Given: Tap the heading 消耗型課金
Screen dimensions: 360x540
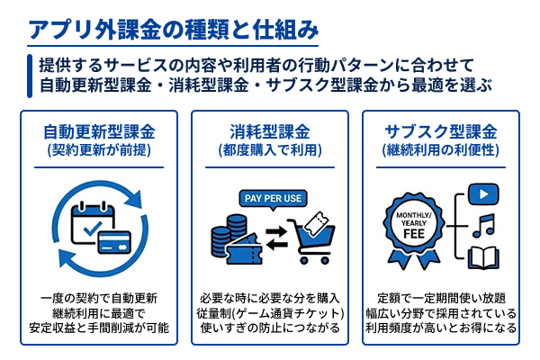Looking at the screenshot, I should pos(269,131).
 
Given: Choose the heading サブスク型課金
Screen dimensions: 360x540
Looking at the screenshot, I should pos(440,131).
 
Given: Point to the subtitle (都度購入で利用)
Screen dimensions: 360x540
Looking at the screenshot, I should pos(269,150).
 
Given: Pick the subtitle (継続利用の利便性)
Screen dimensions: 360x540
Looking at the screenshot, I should pos(440,150).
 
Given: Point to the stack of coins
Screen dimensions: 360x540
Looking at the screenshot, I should pos(220,238).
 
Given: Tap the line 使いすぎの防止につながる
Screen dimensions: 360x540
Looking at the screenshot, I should pos(269,328).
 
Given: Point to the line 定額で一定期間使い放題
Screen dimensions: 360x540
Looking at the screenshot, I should pos(440,297).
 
